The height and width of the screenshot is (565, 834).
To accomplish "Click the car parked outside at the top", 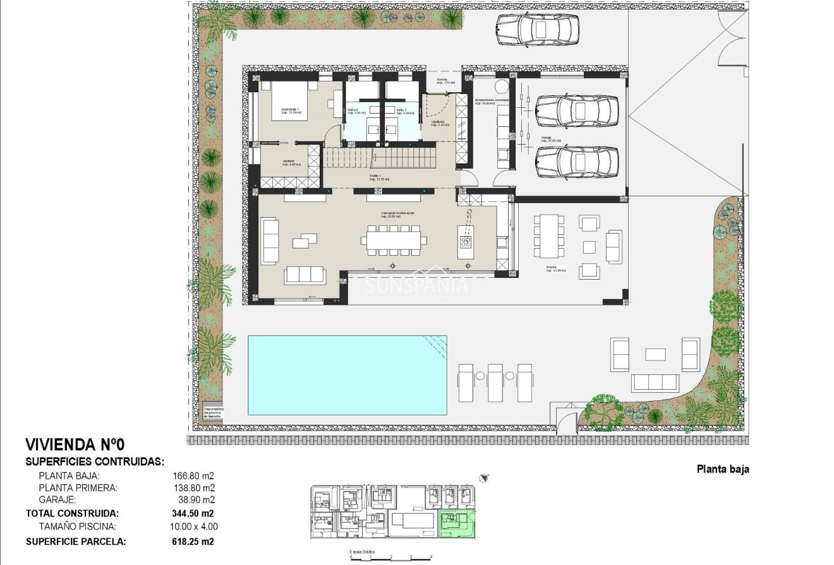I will [x=537, y=29].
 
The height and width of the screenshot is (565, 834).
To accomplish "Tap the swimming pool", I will [x=347, y=375].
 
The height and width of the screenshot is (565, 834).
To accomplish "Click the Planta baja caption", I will [x=722, y=469].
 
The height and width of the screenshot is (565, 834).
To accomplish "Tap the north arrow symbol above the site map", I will [x=483, y=478].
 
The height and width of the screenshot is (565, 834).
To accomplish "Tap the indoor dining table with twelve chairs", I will [x=394, y=241].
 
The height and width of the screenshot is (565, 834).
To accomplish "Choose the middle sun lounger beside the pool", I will [x=495, y=383].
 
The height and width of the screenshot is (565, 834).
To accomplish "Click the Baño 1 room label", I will [x=405, y=111].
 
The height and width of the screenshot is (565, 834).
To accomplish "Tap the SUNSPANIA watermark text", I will [x=417, y=285].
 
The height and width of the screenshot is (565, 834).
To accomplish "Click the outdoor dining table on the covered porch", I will [x=550, y=235].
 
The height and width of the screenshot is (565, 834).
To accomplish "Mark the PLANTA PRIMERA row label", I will [x=78, y=488].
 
